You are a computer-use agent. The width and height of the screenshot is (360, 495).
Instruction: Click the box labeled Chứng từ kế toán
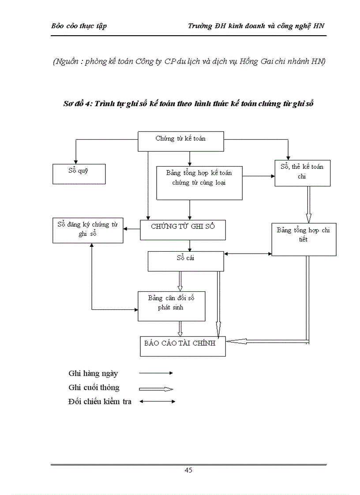(181, 141)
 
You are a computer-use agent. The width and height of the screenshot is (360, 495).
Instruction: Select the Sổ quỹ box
(79, 174)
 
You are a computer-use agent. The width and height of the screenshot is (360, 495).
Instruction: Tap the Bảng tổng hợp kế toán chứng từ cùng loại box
(199, 182)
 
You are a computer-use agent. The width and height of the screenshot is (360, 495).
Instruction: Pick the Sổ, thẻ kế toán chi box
(302, 173)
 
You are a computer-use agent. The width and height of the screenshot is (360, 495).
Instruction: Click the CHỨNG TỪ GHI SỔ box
(183, 230)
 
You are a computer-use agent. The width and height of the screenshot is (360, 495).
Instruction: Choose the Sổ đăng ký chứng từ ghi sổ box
(88, 230)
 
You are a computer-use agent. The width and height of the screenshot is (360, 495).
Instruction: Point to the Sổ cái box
(185, 261)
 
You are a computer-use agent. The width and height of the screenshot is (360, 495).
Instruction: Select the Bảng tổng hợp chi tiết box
(304, 239)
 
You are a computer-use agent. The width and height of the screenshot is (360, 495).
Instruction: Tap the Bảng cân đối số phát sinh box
(171, 306)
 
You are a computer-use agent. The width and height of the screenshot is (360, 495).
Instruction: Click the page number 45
(188, 470)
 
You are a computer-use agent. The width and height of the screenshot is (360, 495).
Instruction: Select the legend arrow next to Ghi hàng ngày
(156, 373)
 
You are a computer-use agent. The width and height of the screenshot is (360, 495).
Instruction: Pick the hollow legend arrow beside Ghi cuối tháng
(156, 389)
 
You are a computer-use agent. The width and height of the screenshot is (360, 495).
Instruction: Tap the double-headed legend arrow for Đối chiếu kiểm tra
(157, 402)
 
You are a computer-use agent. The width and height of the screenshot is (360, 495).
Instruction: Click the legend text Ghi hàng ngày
(93, 373)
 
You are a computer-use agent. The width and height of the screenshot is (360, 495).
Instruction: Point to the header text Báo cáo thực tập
(79, 26)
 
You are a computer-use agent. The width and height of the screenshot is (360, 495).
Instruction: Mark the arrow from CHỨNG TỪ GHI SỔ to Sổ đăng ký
(131, 229)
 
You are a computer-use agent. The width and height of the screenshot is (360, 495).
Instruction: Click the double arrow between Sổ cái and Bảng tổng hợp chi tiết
(247, 253)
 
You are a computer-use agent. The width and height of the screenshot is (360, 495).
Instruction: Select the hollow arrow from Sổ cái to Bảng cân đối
(180, 281)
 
